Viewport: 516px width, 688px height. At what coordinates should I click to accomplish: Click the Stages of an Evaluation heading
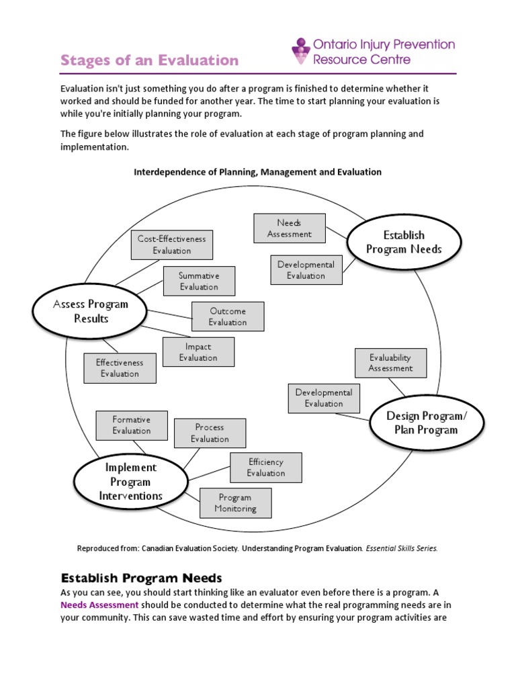(149, 60)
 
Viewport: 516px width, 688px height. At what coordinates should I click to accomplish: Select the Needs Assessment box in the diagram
(290, 228)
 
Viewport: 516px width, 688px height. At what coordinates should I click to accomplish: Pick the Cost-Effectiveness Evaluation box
(172, 245)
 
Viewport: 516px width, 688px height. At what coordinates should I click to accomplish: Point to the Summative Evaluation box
(199, 281)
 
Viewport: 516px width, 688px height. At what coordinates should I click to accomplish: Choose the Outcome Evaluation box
(228, 316)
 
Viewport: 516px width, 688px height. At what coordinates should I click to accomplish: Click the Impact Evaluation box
(198, 352)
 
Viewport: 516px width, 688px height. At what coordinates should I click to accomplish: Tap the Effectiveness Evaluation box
(120, 368)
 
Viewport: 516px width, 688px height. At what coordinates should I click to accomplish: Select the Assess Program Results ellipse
(91, 311)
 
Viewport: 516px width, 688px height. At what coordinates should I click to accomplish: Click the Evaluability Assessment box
(390, 363)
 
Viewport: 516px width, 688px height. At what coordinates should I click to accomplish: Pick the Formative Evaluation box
(132, 425)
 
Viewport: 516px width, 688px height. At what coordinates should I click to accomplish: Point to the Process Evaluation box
(210, 433)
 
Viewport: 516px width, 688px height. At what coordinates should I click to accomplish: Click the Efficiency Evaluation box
(266, 467)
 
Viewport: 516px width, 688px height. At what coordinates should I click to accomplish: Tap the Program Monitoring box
(235, 503)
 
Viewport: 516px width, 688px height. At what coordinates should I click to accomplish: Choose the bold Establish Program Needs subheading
(141, 578)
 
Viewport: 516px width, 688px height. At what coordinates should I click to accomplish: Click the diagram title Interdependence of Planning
(257, 172)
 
